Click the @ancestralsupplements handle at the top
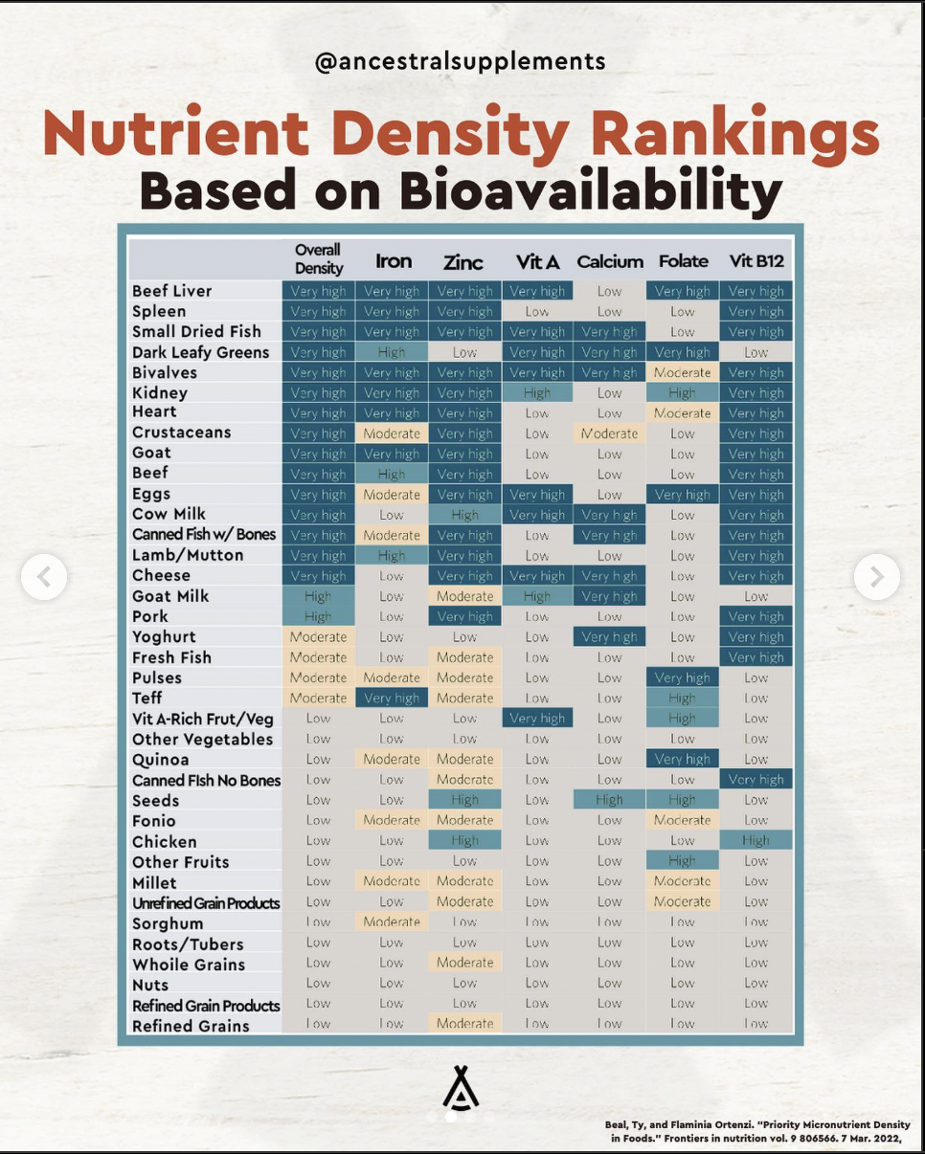[x=461, y=61]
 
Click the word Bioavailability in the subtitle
[x=590, y=191]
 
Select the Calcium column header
[x=610, y=261]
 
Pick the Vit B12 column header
[x=756, y=261]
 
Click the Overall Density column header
[x=319, y=259]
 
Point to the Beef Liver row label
[x=172, y=291]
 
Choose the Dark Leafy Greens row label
[x=201, y=352]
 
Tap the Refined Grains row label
[x=191, y=1026]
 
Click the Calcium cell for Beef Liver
[x=610, y=291]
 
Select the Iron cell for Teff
[x=392, y=698]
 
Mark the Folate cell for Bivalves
[x=683, y=372]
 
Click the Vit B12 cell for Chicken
[x=756, y=840]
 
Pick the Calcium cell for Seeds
[x=610, y=800]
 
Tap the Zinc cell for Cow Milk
[x=464, y=515]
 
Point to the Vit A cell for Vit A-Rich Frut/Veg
[x=537, y=718]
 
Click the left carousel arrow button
[x=44, y=577]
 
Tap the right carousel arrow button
[x=877, y=577]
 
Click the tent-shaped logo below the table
[x=461, y=1087]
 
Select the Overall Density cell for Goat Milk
[x=318, y=596]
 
